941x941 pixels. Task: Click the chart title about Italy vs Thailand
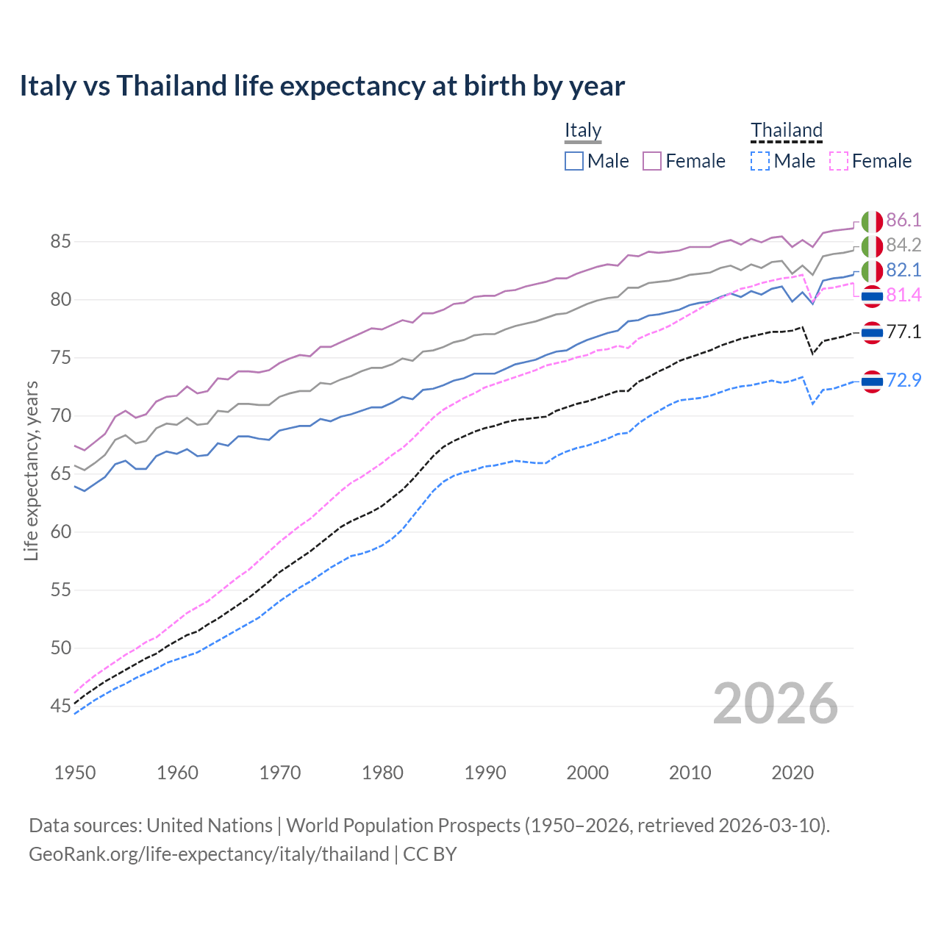click(322, 86)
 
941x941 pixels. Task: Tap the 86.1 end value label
click(904, 220)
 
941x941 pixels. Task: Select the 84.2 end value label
click(904, 245)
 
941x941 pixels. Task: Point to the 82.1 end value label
click(904, 270)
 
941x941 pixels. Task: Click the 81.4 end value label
click(904, 295)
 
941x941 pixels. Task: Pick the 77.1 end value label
click(904, 332)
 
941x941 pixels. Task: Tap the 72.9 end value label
click(904, 380)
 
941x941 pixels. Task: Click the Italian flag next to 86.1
click(872, 221)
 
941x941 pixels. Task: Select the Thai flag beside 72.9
click(872, 381)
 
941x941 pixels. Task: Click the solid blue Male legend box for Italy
click(574, 161)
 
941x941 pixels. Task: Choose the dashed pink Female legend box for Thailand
click(839, 161)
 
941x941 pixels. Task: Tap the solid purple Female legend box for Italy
click(652, 161)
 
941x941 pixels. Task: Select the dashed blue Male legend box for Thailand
click(760, 161)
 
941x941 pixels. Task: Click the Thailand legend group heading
click(786, 130)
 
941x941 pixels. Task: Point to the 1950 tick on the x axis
click(75, 773)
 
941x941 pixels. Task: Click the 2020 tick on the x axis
click(792, 773)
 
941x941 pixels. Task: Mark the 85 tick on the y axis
click(61, 241)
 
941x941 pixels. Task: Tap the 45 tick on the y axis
click(61, 706)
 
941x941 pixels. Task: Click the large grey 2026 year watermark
click(776, 704)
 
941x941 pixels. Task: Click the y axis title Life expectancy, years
click(31, 470)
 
